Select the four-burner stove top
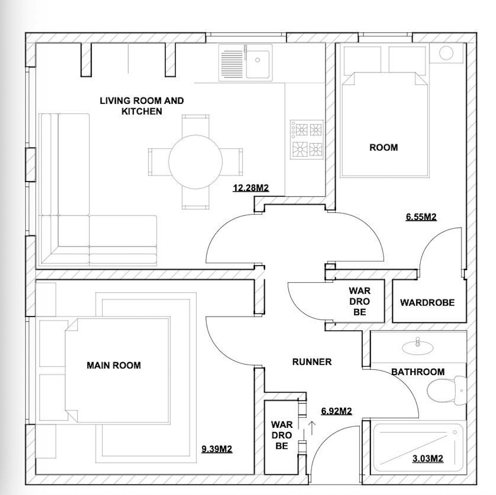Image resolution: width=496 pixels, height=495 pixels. point(306,139)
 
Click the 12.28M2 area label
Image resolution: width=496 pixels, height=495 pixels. point(251,189)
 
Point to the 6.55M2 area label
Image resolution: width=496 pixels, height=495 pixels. point(421,217)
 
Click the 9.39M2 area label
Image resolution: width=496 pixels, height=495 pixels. point(216,449)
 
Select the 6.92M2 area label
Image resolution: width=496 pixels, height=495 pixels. point(336,411)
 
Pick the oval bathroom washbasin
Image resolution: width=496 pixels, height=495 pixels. point(418,346)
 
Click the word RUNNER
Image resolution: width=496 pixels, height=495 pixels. point(312,362)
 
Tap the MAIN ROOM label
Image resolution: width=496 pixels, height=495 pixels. point(114,365)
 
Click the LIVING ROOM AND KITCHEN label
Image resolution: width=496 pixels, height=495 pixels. point(141,106)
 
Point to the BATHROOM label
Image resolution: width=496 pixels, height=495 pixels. point(417,372)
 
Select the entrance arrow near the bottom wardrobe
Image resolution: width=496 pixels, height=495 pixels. point(312,427)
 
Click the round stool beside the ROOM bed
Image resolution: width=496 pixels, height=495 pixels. point(446,54)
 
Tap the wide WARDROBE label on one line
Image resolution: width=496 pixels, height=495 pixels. point(427,303)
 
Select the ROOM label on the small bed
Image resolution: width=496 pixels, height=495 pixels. point(383,148)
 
